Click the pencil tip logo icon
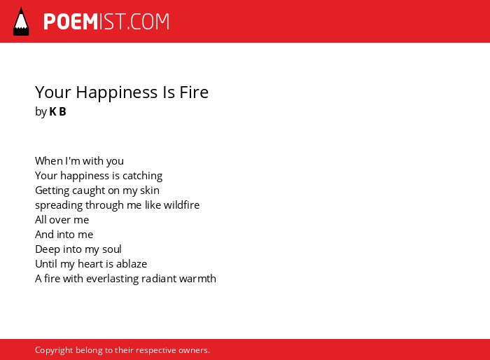pyautogui.click(x=21, y=22)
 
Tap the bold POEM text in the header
pyautogui.click(x=71, y=22)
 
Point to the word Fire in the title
pyautogui.click(x=194, y=92)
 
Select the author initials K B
pyautogui.click(x=58, y=111)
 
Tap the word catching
pyautogui.click(x=143, y=176)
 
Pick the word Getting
pyautogui.click(x=52, y=191)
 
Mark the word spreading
pyautogui.click(x=59, y=205)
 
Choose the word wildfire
pyautogui.click(x=181, y=205)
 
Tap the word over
pyautogui.click(x=59, y=220)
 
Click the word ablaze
pyautogui.click(x=132, y=263)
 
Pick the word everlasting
pyautogui.click(x=112, y=279)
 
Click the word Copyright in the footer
pyautogui.click(x=54, y=350)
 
